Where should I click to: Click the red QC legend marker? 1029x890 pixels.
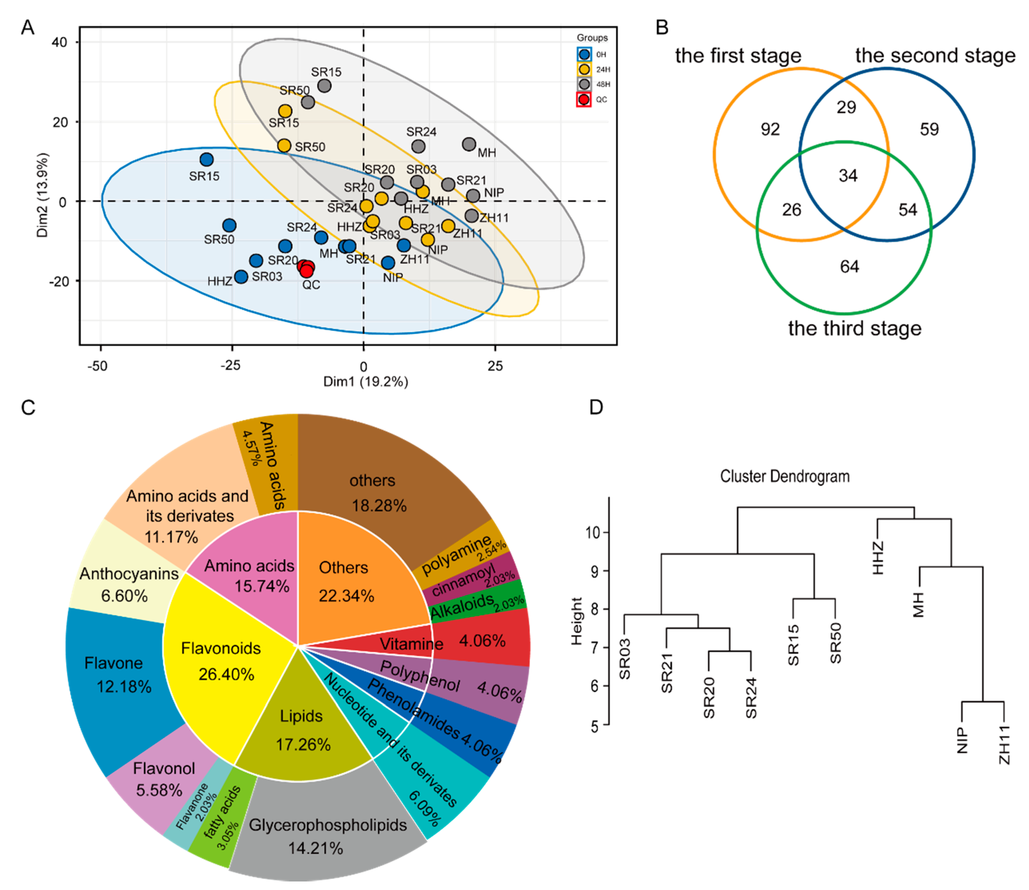[584, 99]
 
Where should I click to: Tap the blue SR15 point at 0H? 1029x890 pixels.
[207, 159]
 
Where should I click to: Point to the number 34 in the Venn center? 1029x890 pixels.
[848, 175]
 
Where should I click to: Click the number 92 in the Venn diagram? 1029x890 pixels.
[770, 130]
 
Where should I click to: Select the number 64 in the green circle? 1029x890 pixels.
[849, 267]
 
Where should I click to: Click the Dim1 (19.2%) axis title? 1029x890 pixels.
[366, 381]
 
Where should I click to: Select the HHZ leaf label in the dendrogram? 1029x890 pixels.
[878, 558]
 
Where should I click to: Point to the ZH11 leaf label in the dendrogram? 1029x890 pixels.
[1004, 745]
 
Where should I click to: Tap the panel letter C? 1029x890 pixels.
[28, 407]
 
